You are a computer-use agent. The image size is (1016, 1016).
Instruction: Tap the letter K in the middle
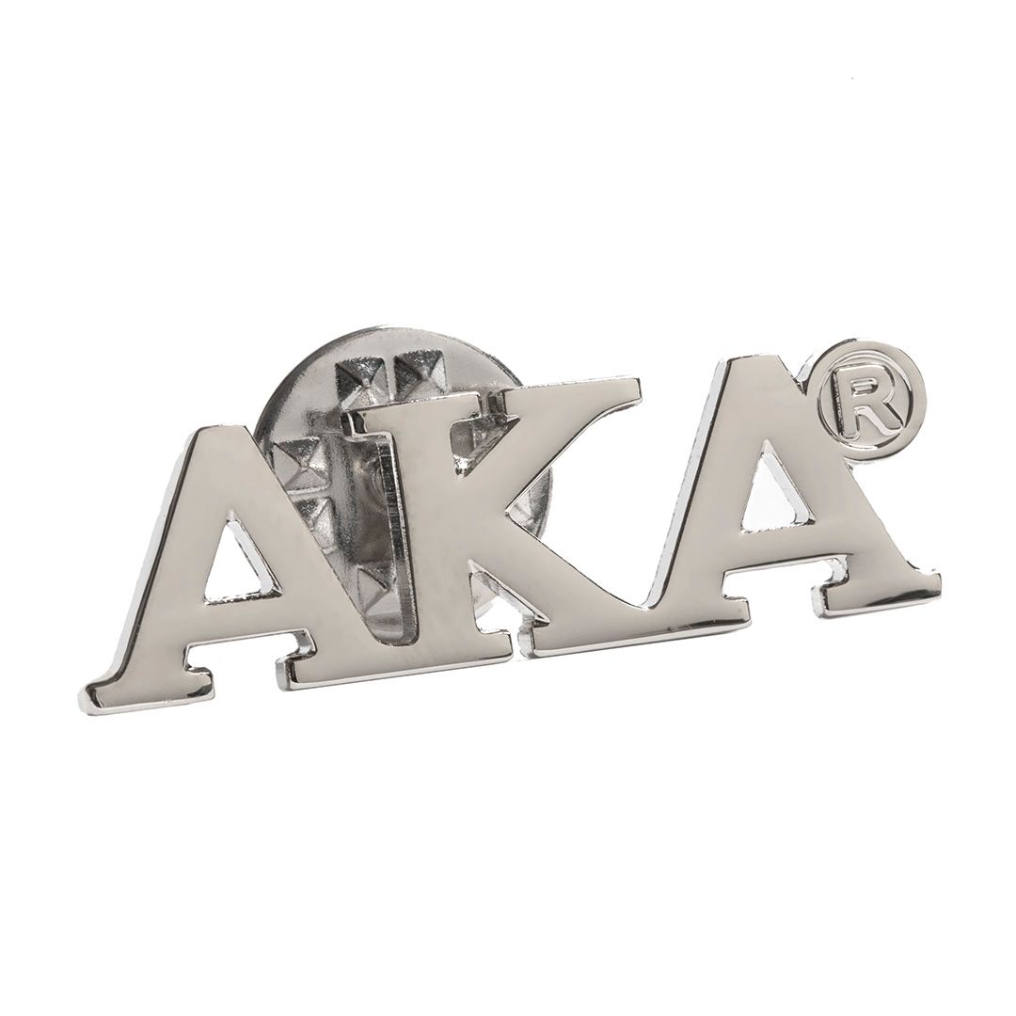click(x=453, y=518)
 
